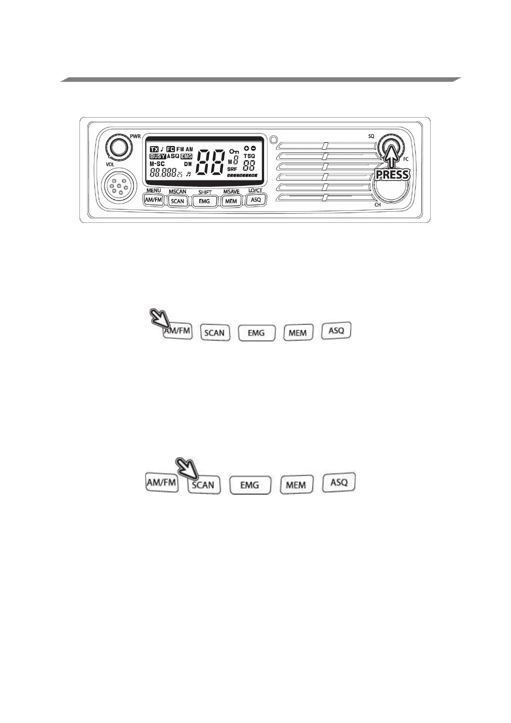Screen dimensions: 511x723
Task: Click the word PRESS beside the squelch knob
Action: pyautogui.click(x=392, y=175)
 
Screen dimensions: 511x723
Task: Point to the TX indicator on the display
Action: pyautogui.click(x=154, y=149)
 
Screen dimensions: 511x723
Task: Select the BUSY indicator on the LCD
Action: pyautogui.click(x=158, y=157)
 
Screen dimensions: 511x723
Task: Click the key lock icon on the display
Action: pyautogui.click(x=234, y=151)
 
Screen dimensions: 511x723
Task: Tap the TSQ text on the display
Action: pyautogui.click(x=249, y=156)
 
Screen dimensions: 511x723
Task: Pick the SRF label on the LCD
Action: pyautogui.click(x=232, y=169)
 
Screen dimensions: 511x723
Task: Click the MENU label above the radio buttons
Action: pyautogui.click(x=153, y=190)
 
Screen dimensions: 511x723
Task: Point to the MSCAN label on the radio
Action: pyautogui.click(x=177, y=191)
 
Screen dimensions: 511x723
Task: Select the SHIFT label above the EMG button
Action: pyautogui.click(x=205, y=192)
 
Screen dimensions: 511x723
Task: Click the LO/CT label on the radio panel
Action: pyautogui.click(x=255, y=190)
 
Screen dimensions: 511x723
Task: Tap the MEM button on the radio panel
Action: pyautogui.click(x=231, y=201)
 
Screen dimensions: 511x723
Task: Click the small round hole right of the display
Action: pyautogui.click(x=272, y=139)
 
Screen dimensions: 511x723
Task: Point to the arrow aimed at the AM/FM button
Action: pyautogui.click(x=158, y=318)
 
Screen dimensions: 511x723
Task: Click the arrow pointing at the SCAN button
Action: pyautogui.click(x=187, y=468)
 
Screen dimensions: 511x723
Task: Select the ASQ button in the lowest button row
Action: pyautogui.click(x=339, y=482)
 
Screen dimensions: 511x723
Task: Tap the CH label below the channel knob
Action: pyautogui.click(x=377, y=205)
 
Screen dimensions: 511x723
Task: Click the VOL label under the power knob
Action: pyautogui.click(x=110, y=164)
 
